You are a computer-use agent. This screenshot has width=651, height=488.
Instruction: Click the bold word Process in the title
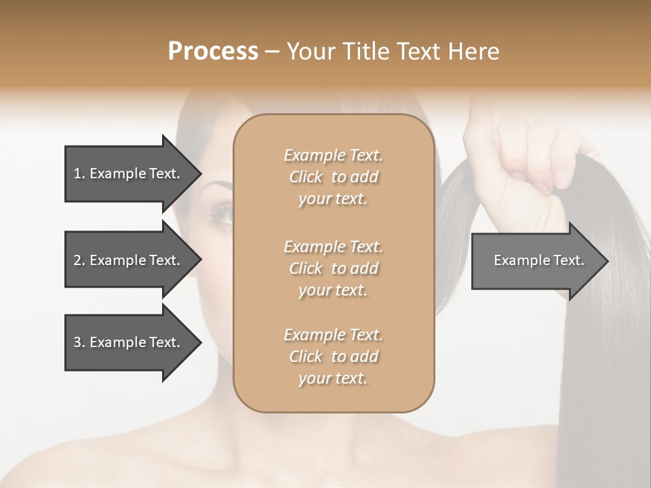[x=213, y=52]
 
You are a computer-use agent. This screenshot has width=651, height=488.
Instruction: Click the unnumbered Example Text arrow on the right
[x=538, y=260]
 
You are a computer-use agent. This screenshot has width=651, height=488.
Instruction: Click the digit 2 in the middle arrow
[x=77, y=260]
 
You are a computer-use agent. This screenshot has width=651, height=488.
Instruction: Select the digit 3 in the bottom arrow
[x=77, y=342]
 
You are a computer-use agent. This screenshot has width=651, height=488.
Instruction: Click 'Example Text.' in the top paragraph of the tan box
[x=333, y=155]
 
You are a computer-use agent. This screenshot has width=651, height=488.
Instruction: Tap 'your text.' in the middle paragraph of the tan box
[x=333, y=290]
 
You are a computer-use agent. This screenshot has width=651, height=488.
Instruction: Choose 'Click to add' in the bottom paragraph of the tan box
[x=333, y=357]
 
